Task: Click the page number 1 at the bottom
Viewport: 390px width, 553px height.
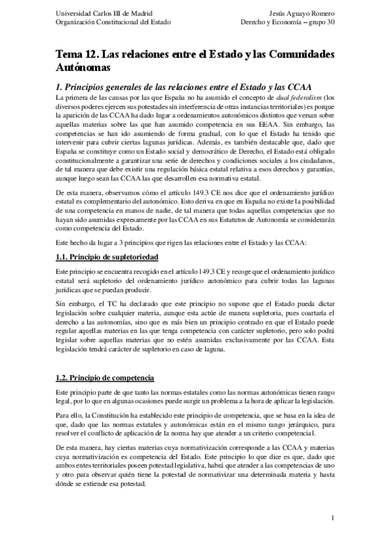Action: pyautogui.click(x=333, y=518)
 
